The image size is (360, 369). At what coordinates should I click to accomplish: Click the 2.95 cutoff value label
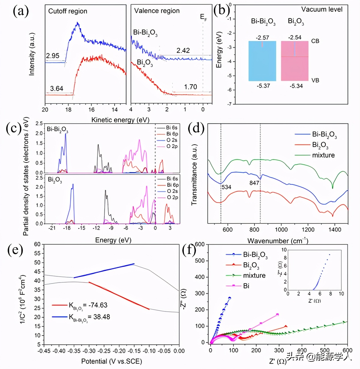pos(52,56)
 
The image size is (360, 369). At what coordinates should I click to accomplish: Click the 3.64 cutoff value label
pos(56,88)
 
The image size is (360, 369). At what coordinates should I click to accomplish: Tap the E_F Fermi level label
pos(203,17)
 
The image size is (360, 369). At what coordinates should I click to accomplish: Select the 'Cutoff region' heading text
pos(67,11)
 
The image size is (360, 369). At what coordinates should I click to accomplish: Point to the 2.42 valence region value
pos(183,50)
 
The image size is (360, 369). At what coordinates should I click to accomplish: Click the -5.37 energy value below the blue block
pos(263,86)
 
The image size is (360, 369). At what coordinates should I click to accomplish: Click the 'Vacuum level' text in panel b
pos(322,10)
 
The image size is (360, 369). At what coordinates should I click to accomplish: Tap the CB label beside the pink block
pos(315,41)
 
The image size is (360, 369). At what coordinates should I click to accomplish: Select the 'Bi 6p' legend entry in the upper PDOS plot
pos(172,134)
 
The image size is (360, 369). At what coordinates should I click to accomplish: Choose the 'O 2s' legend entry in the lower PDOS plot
pos(172,191)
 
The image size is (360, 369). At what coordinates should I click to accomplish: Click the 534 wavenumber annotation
pos(226,187)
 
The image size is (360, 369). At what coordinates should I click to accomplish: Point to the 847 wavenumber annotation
pos(254,183)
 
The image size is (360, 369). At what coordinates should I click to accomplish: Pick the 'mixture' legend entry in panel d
pos(323,155)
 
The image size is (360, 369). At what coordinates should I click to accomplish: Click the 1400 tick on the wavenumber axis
pos(334,229)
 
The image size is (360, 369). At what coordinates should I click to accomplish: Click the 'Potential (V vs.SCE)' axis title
pos(112,361)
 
